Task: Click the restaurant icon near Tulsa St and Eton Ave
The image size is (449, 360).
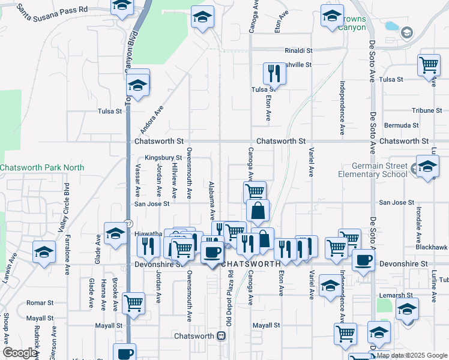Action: pyautogui.click(x=274, y=73)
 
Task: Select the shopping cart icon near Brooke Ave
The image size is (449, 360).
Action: pyautogui.click(x=133, y=302)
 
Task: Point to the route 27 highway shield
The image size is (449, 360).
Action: pyautogui.click(x=128, y=223)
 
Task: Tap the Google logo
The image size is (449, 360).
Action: pyautogui.click(x=20, y=352)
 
